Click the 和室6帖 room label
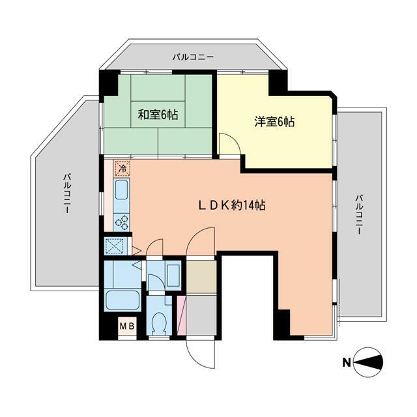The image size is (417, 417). coord(158,115)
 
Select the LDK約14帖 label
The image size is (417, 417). coord(231,205)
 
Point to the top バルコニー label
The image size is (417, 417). coord(193,57)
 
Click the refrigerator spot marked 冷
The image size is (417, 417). coord(122,169)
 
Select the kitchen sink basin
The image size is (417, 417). coord(122,192)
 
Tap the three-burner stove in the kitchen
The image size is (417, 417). coord(122,222)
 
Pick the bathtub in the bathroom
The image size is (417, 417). coord(122,302)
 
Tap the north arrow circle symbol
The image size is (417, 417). coord(370,363)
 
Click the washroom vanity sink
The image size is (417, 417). coord(173,272)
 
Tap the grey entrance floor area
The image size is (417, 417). coord(202,316)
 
